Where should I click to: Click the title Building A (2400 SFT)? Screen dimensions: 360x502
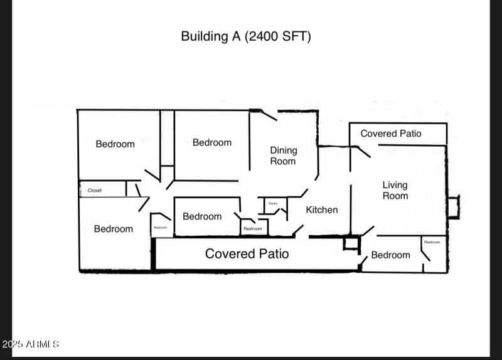coord(245,36)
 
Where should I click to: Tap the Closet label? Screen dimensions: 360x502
coord(95,190)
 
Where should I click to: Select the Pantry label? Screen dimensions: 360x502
coord(273,203)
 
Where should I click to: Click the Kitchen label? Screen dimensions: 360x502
coord(321,210)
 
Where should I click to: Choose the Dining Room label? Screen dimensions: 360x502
coord(283,156)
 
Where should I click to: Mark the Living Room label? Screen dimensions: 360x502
coord(395,190)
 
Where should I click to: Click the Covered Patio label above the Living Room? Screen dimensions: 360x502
coord(390,134)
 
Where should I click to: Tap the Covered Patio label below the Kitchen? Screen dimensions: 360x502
coord(247,253)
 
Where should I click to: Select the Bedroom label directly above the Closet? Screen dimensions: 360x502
coord(115,144)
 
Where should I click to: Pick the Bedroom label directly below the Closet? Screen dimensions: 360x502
coord(114,229)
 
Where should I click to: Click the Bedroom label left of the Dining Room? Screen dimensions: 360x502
coord(212,143)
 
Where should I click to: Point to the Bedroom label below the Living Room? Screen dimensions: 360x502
coord(390,255)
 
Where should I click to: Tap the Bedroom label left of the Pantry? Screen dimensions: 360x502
coord(202,216)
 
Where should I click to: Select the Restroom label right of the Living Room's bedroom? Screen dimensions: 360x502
coord(432,242)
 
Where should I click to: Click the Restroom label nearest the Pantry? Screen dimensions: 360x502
coord(252,229)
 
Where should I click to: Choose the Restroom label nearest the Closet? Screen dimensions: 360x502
coord(161,228)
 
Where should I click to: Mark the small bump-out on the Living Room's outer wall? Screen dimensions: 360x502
coord(453,207)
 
